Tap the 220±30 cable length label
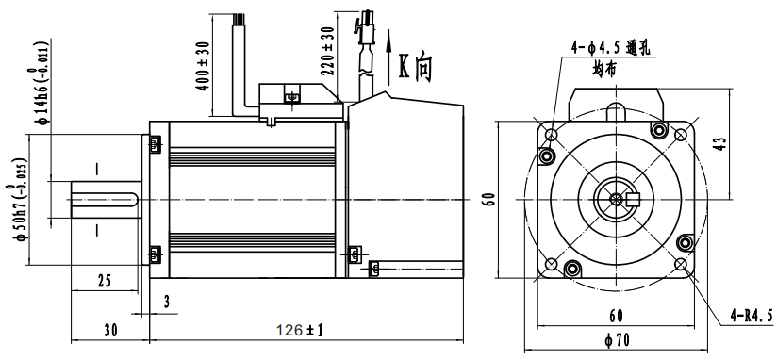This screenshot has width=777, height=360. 328,50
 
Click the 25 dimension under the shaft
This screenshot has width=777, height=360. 104,280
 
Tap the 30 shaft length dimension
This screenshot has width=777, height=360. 111,331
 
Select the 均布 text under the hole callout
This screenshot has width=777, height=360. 604,68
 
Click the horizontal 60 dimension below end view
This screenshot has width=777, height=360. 616,315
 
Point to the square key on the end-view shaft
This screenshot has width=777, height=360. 633,199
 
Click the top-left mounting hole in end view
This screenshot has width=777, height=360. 551,134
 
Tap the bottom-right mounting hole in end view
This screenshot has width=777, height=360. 682,264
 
